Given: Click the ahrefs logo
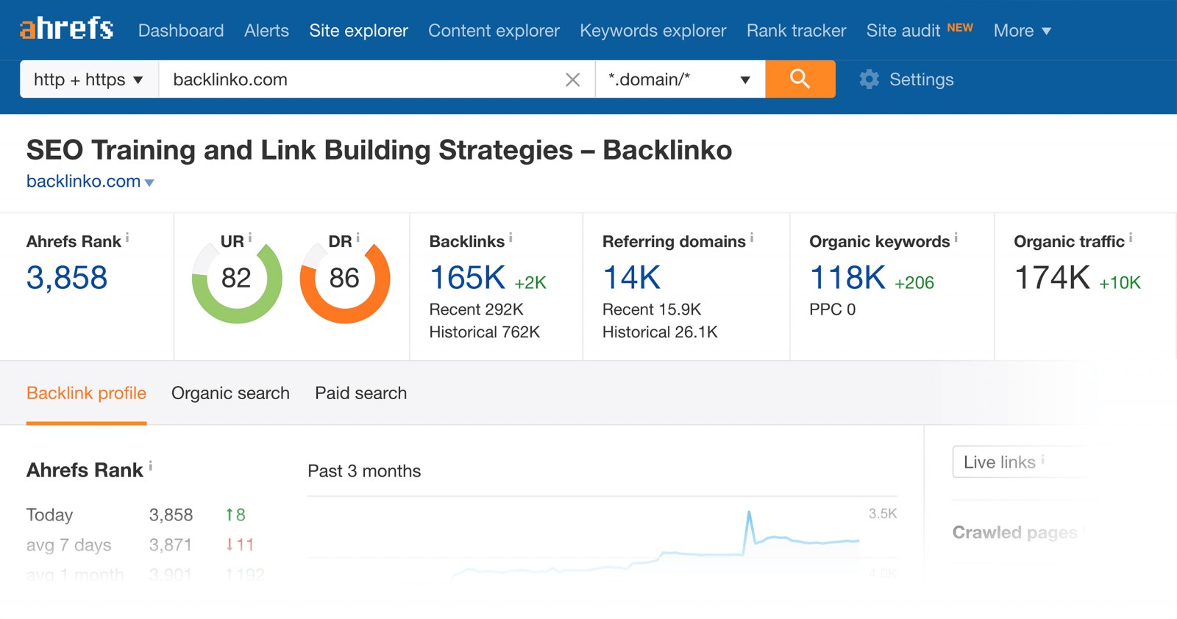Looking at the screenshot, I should (x=66, y=29).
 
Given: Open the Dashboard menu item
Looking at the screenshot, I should (x=181, y=31).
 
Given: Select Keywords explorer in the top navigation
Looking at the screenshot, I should (x=652, y=31).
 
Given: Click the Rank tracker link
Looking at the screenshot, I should (x=796, y=31).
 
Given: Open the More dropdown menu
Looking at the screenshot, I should (x=1022, y=31).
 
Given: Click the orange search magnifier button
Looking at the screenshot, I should (x=800, y=79).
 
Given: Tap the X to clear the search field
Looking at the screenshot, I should (x=572, y=79).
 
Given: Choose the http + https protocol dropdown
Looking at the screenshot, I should (x=88, y=79).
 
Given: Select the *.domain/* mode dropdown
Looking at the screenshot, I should (x=679, y=79).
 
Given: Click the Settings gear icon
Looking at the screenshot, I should (x=870, y=79).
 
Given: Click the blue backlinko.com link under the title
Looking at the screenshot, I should (x=84, y=182).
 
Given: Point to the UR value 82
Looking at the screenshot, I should (x=236, y=278).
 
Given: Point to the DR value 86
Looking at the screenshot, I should (x=344, y=278).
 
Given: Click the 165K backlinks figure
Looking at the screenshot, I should (x=467, y=278).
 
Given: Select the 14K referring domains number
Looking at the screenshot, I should (x=631, y=278).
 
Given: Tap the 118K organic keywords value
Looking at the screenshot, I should (x=847, y=278).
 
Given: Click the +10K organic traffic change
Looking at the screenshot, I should (x=1120, y=282).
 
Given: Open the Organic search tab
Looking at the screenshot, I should (x=230, y=393).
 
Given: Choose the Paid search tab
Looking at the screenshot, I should (x=360, y=393).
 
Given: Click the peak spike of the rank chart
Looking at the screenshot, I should (x=749, y=513).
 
